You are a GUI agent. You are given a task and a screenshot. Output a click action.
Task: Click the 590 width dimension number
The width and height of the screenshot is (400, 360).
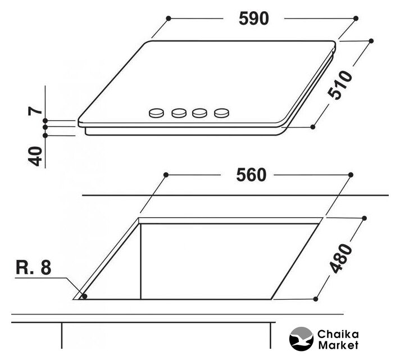pyautogui.click(x=253, y=19)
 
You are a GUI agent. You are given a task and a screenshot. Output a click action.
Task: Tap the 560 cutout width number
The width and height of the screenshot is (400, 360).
pyautogui.click(x=251, y=175)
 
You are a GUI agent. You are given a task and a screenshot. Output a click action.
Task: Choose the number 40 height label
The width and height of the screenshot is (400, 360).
pyautogui.click(x=35, y=156)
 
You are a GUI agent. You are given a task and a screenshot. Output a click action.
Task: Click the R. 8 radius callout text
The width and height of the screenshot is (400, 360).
pyautogui.click(x=33, y=268)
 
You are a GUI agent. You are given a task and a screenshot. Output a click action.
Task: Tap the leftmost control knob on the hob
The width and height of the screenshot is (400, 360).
pyautogui.click(x=156, y=112)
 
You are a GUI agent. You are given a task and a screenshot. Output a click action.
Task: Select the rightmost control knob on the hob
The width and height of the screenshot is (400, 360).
pyautogui.click(x=221, y=112)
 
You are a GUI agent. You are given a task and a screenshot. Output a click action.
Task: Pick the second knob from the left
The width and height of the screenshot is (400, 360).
pyautogui.click(x=179, y=112)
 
